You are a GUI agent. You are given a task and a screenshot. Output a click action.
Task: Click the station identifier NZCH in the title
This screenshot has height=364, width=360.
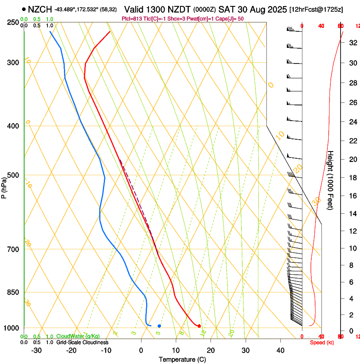(x=40, y=9)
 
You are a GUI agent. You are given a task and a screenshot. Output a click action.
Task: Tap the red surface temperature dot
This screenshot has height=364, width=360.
(x=199, y=325)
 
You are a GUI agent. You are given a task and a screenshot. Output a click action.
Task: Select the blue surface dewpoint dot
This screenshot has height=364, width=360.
(x=159, y=325)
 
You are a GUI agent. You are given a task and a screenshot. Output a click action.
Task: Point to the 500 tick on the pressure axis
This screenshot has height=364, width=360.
(x=13, y=175)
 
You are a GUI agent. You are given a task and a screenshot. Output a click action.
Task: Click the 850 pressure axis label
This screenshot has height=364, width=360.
(x=13, y=292)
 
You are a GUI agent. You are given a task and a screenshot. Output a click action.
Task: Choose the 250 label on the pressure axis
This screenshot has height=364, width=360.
(x=13, y=22)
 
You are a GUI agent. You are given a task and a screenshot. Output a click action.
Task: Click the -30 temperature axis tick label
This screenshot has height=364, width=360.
(x=36, y=350)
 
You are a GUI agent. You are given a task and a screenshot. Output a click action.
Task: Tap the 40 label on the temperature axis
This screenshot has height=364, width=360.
(x=280, y=350)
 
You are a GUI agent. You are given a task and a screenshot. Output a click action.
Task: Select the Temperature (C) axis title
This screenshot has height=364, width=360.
(x=182, y=359)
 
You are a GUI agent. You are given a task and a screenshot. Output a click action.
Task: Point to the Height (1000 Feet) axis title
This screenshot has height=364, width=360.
(x=331, y=180)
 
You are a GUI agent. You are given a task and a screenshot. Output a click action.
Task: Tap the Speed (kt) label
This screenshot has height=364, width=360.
(x=322, y=342)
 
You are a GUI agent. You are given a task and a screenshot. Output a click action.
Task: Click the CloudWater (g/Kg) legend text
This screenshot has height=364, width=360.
(x=78, y=336)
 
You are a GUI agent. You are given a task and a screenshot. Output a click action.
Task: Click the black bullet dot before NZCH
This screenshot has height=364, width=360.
(x=24, y=9)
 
